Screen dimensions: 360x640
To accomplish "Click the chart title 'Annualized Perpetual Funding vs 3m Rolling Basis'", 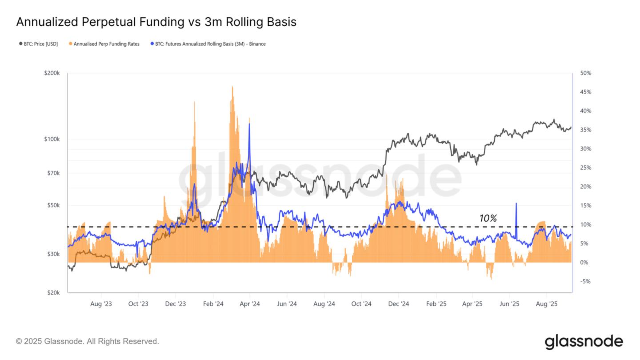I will pos(156,22).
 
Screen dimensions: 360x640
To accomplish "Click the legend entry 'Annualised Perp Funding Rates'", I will pos(106,44).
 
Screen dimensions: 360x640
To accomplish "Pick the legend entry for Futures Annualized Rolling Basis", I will pos(210,44).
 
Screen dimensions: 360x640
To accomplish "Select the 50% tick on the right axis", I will pos(585,73).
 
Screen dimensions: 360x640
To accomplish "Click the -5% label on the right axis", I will pos(585,281).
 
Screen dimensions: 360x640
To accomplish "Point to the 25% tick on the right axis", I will pos(585,168).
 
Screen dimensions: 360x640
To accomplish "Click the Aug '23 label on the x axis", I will pos(101,304).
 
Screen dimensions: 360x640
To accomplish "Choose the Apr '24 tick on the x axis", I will pos(249,304).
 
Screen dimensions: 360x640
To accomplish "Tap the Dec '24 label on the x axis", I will pos(398,304).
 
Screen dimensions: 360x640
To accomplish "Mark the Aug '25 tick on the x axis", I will pos(547,304).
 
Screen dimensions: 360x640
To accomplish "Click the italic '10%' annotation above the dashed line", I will pos(488,218).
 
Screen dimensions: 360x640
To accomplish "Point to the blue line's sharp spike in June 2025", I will pos(516,204).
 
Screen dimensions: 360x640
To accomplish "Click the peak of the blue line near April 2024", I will pos(249,124).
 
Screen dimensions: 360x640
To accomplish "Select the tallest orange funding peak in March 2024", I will pos(232,87).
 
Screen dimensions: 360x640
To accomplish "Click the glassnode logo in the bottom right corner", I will pos(584,341).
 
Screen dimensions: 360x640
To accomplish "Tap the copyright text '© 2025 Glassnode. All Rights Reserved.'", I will pos(87,341).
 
